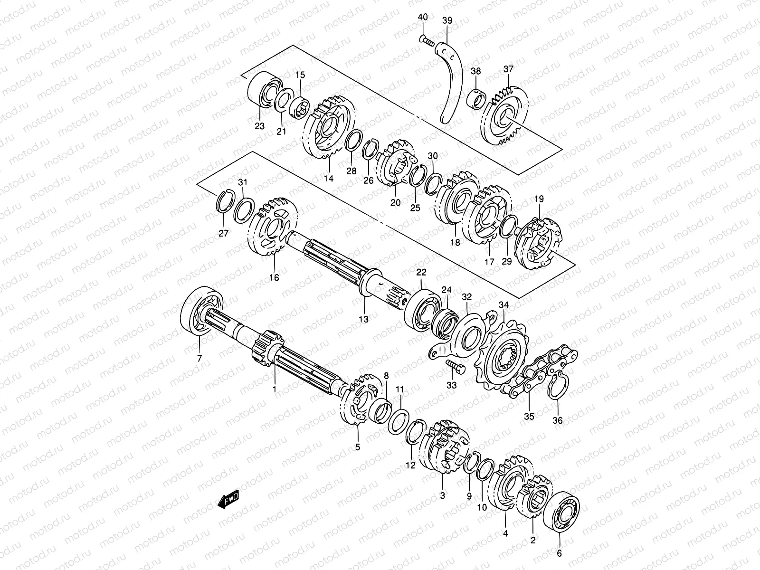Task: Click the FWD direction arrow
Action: click(228, 500)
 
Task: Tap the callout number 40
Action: click(423, 17)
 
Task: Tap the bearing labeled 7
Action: click(202, 311)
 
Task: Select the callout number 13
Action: click(363, 319)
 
